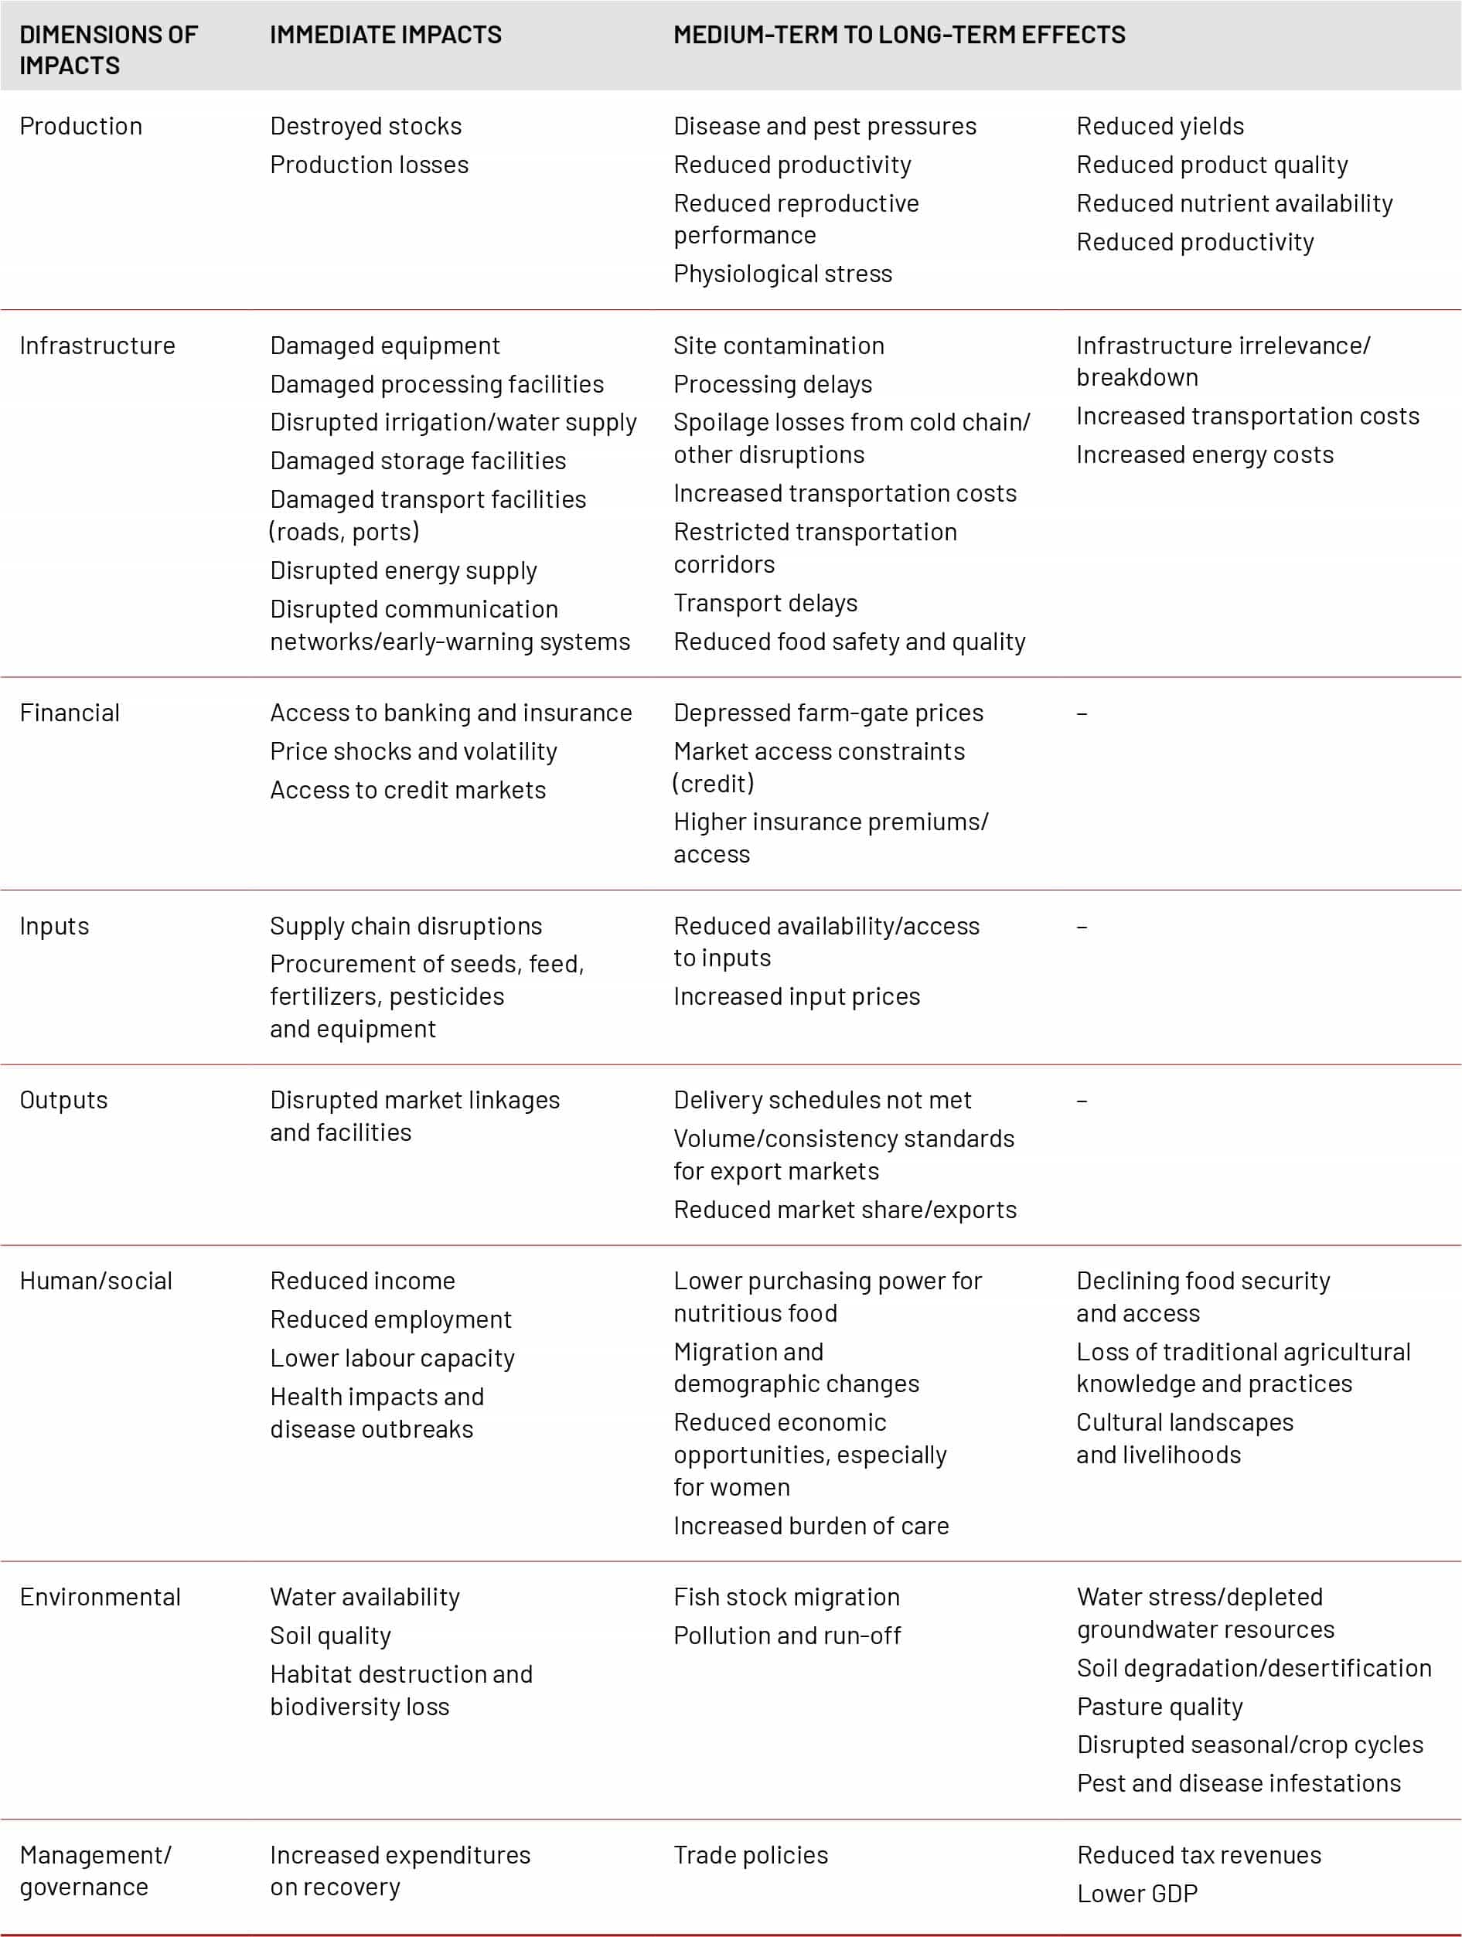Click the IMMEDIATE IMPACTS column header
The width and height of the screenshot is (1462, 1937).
click(x=386, y=35)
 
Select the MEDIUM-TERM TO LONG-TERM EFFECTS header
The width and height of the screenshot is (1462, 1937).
click(x=898, y=35)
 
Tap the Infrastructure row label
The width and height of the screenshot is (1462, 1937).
click(x=97, y=346)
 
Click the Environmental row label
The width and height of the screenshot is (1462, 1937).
click(x=100, y=1597)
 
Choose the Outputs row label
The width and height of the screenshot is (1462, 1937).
click(x=63, y=1101)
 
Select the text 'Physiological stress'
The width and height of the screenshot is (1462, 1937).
click(x=782, y=274)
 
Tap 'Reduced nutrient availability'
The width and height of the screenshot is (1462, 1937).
click(x=1234, y=203)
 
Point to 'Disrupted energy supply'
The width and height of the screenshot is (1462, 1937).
click(x=403, y=571)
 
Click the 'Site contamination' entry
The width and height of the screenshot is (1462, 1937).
click(x=779, y=346)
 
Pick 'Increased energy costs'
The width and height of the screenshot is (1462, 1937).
click(x=1205, y=454)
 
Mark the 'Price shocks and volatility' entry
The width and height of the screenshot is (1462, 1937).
click(x=414, y=751)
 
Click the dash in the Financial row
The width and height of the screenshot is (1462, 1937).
click(x=1082, y=713)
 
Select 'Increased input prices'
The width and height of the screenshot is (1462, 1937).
click(x=796, y=996)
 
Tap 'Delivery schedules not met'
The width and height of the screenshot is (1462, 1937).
click(x=822, y=1101)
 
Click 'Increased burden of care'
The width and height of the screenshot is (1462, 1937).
click(x=811, y=1527)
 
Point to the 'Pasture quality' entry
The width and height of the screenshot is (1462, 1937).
click(x=1160, y=1707)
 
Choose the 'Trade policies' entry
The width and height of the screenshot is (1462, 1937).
click(x=751, y=1856)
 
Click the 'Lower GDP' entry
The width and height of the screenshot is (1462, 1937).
click(x=1137, y=1894)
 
